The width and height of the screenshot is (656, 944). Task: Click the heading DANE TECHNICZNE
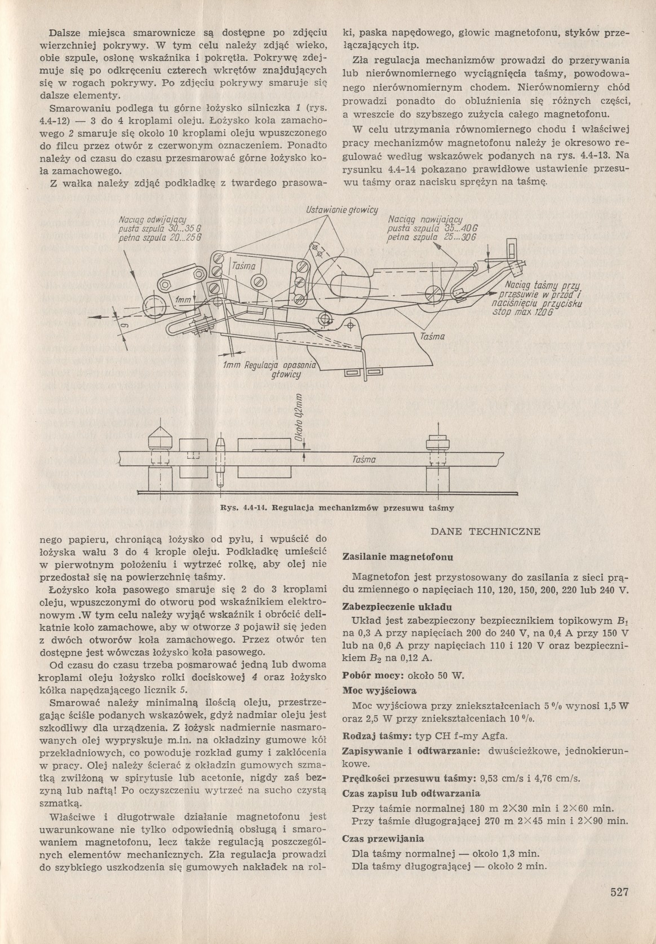485,531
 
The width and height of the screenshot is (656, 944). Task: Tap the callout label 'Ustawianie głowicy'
342,210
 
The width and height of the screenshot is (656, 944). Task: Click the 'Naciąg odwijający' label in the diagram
153,219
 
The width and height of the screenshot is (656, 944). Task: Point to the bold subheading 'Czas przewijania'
383,838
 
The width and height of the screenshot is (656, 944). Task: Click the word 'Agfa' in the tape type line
495,735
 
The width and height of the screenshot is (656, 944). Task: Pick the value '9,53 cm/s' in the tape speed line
499,779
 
